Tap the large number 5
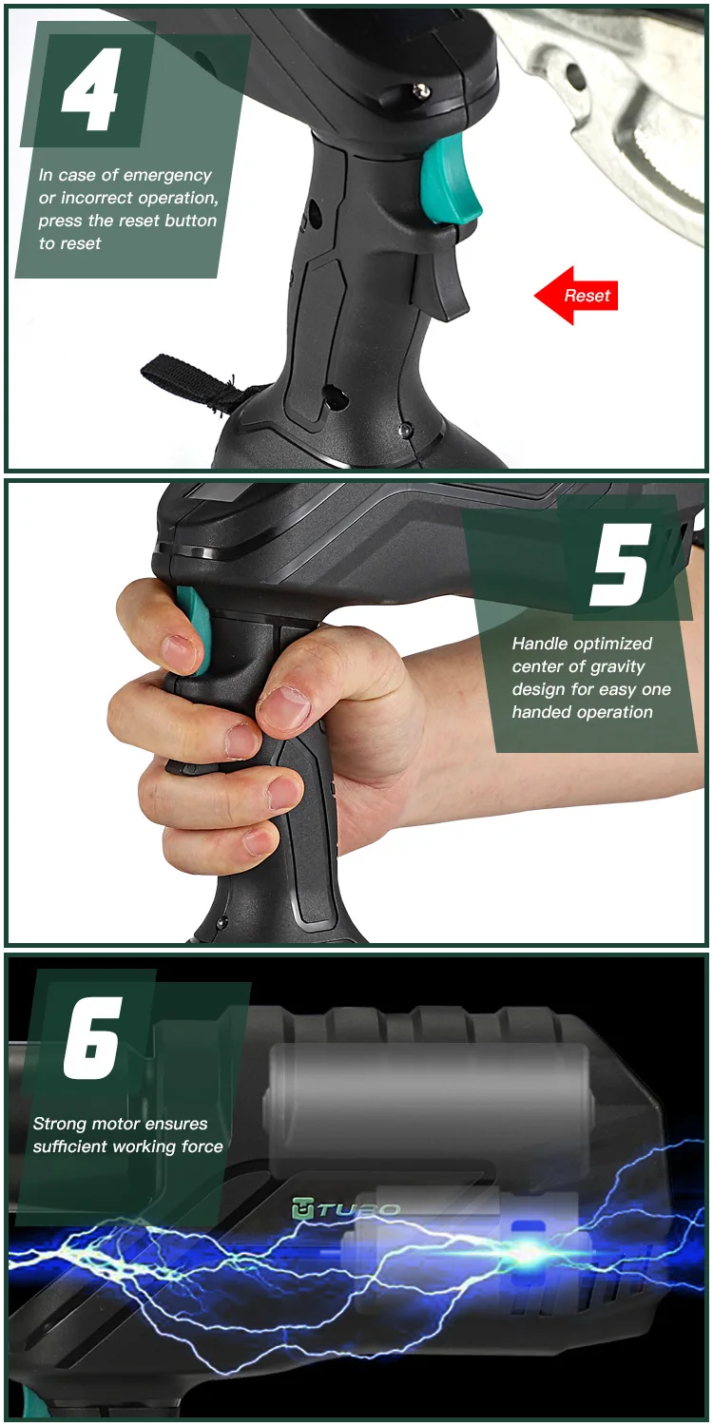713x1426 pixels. coord(622,564)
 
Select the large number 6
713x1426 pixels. coord(93,1038)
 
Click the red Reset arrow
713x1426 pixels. coord(575,296)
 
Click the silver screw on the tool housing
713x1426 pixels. coord(419,91)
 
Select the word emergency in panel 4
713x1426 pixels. coord(168,176)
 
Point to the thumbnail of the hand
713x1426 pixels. coord(286,703)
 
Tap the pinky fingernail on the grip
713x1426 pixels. coord(259,843)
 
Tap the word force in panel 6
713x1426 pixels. coord(202,1147)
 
